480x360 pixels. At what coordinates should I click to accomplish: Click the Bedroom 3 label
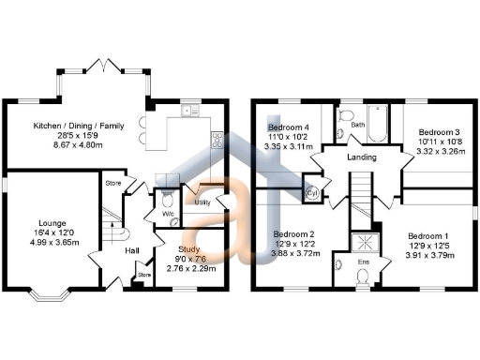pyautogui.click(x=436, y=133)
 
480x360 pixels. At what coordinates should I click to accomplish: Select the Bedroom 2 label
pyautogui.click(x=292, y=234)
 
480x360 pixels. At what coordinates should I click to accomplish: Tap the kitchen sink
pyautogui.click(x=192, y=112)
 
